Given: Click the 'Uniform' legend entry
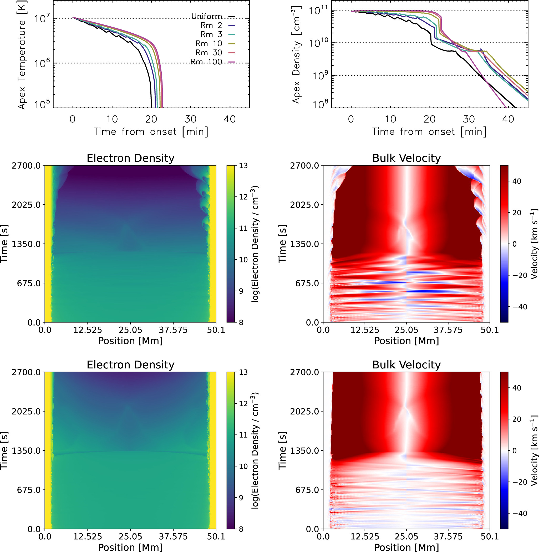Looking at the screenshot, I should click(207, 16).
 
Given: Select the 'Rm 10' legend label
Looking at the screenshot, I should click(209, 43).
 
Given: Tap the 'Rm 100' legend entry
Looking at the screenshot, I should click(206, 62).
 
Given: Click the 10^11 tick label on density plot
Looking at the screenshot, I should click(318, 11).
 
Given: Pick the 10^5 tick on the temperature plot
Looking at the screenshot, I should click(42, 104).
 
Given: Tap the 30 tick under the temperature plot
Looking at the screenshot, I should click(190, 119).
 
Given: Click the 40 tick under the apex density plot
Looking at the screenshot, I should click(508, 119).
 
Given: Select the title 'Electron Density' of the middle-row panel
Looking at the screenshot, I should click(130, 158).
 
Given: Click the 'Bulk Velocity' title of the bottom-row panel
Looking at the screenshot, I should click(406, 364).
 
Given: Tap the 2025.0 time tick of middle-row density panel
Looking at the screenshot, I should click(26, 205).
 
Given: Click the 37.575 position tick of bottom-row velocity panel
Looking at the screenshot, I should click(448, 536).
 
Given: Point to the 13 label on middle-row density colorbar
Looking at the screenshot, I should click(243, 166).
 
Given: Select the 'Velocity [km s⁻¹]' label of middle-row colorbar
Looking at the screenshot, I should click(534, 244).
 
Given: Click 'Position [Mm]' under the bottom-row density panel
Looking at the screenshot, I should click(130, 547).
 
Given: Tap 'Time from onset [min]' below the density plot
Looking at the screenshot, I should click(429, 132).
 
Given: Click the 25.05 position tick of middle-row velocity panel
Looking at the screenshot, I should click(406, 330).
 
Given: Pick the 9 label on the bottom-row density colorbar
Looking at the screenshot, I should click(241, 498).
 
